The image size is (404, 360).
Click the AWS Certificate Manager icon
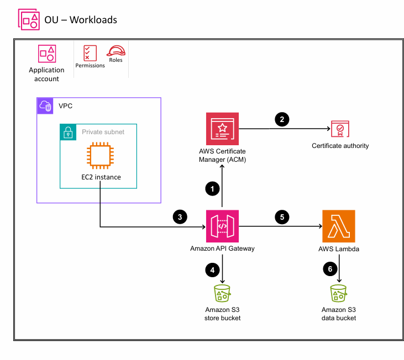[x=222, y=129]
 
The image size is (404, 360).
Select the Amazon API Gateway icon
[x=222, y=226]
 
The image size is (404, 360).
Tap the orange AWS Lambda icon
[x=338, y=226]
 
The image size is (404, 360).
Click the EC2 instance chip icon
[x=99, y=156]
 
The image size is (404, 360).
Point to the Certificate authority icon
[x=340, y=129]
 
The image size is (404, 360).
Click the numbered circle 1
[x=211, y=189]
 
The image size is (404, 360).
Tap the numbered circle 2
[x=282, y=119]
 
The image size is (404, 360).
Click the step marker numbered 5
[x=281, y=216]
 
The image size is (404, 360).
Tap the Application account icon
[x=46, y=54]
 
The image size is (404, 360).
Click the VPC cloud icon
[x=45, y=105]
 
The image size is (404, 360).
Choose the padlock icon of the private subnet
[x=69, y=132]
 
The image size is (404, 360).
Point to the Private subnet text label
[x=103, y=132]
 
